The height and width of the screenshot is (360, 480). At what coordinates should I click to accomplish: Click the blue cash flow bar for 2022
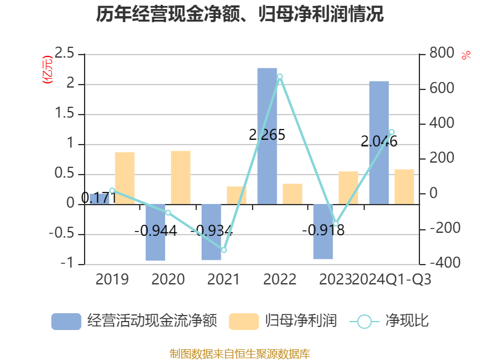(x=267, y=136)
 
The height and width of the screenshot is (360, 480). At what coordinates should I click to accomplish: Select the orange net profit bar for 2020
(x=181, y=177)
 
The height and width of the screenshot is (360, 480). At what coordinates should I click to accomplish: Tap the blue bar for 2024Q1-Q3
(x=379, y=142)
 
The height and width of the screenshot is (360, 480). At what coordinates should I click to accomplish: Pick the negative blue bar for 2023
(x=323, y=232)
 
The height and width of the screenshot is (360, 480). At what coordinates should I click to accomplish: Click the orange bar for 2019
(x=125, y=178)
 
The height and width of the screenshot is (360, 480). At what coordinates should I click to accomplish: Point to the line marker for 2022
(x=280, y=77)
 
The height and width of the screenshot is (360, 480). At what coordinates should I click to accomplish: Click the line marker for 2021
(x=224, y=250)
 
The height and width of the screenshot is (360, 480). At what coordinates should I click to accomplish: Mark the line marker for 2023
(x=335, y=224)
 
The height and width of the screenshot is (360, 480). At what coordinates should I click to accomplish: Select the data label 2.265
(x=267, y=135)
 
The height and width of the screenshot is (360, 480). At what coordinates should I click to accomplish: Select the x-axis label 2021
(x=223, y=279)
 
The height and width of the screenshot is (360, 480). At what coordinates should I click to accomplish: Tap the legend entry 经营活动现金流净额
(x=133, y=321)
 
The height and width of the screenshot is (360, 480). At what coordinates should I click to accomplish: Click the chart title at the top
(x=240, y=14)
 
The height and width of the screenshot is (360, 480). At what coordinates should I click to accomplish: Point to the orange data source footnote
(x=240, y=353)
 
